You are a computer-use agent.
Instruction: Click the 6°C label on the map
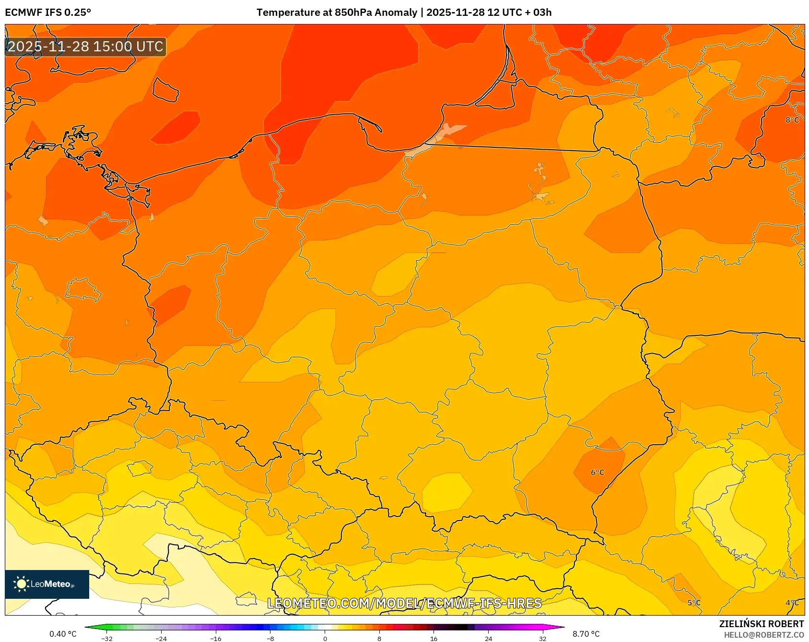tap(597, 473)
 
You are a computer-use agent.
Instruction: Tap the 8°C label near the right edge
tap(792, 120)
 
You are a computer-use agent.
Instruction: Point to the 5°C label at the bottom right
tap(693, 603)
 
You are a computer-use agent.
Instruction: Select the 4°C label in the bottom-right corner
tap(792, 603)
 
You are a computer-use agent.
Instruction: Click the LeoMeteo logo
tap(47, 584)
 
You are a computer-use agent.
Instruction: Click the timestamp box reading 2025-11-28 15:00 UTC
tap(85, 47)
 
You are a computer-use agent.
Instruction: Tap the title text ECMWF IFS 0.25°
tap(48, 12)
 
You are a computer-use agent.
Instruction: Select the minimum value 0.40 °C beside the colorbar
tap(63, 634)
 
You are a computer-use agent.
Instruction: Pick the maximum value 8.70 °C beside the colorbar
tap(586, 634)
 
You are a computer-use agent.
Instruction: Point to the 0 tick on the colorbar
tap(325, 639)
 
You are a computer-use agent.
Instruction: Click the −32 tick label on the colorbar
tap(107, 639)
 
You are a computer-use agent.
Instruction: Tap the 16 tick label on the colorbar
tap(434, 639)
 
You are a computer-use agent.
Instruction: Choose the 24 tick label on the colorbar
tap(488, 639)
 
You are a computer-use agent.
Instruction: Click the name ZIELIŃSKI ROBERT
tap(761, 624)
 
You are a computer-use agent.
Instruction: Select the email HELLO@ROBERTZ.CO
tap(763, 635)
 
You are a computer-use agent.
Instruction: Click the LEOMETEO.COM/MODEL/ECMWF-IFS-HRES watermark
tap(404, 603)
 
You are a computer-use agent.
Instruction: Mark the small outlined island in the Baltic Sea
tap(165, 90)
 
